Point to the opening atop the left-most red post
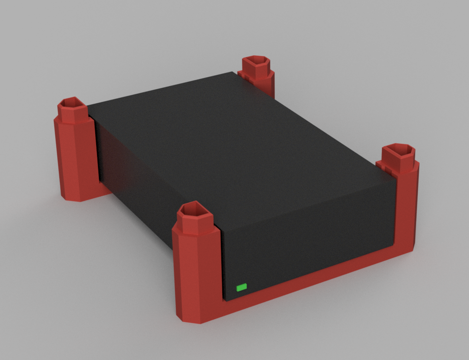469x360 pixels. click(71, 102)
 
